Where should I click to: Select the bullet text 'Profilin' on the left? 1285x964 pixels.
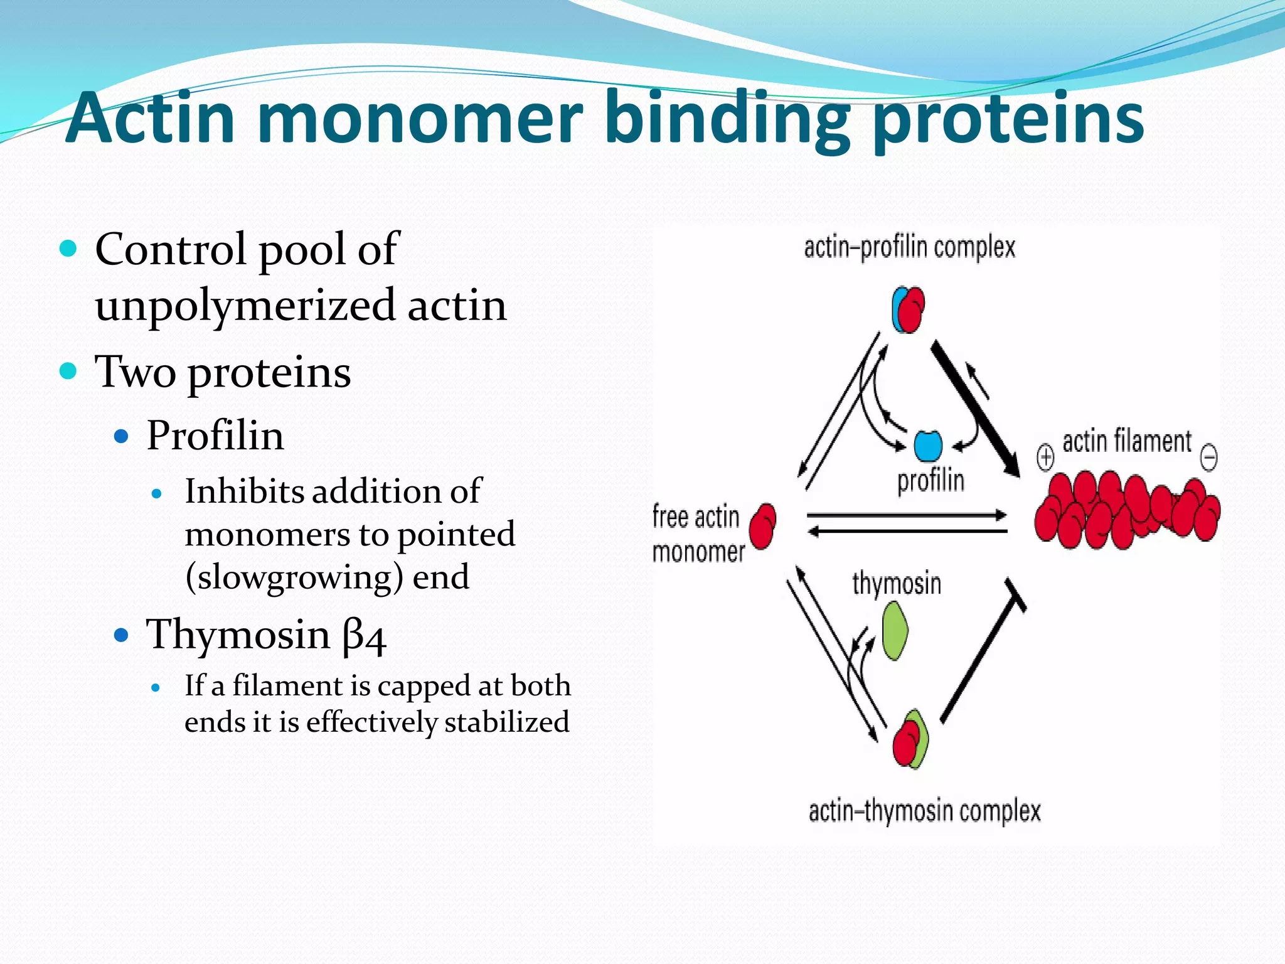[x=215, y=435]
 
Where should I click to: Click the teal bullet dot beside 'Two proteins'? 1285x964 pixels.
[x=68, y=370]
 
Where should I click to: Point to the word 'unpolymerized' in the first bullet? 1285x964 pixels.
[x=245, y=306]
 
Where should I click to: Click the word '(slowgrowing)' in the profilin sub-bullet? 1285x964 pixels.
[x=294, y=577]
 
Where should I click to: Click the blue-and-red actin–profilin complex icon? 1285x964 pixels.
[x=908, y=309]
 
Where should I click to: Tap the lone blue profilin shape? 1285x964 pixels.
[x=928, y=446]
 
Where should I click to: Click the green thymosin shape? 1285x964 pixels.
[x=895, y=631]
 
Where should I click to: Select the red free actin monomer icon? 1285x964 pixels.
[x=762, y=527]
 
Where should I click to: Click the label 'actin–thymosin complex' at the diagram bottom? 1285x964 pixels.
[x=924, y=811]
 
